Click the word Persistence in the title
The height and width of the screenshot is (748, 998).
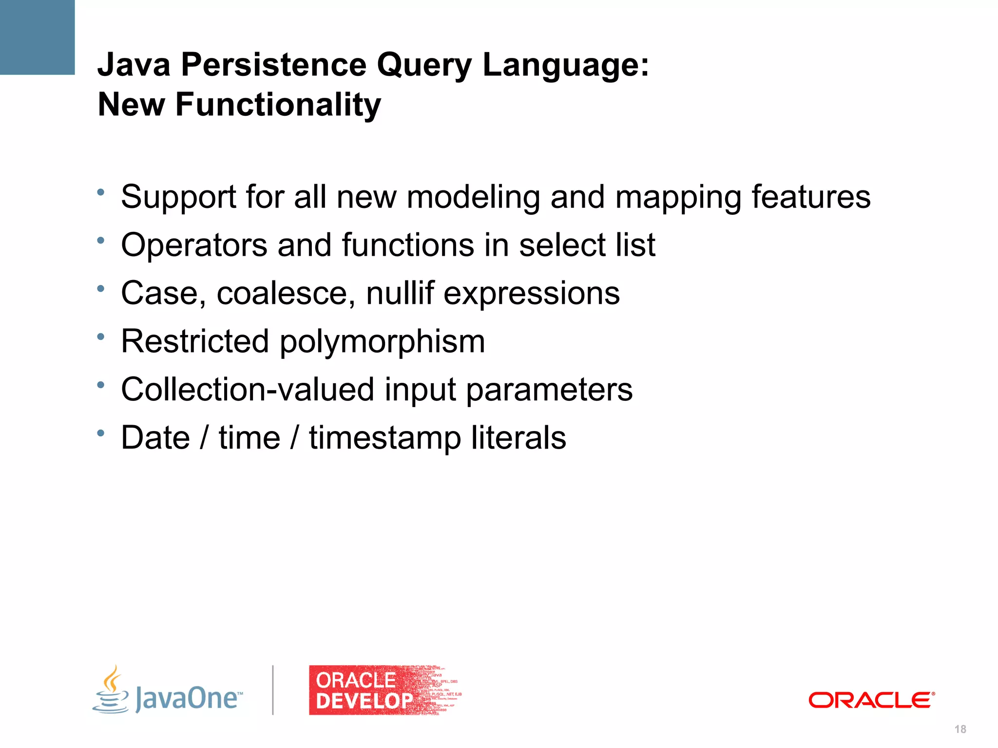(x=273, y=65)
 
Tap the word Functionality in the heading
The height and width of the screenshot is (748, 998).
(x=278, y=105)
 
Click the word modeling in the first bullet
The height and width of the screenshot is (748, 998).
(x=473, y=197)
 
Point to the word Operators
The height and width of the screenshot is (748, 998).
(x=194, y=245)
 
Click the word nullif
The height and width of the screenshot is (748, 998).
(x=400, y=293)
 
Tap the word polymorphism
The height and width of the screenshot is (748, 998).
(x=382, y=342)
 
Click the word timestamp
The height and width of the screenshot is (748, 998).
(x=385, y=438)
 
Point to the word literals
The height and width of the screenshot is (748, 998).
(x=518, y=437)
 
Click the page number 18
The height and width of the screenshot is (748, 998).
(x=960, y=729)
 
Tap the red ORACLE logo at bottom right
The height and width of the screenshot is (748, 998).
(x=871, y=700)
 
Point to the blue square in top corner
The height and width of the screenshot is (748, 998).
(x=37, y=37)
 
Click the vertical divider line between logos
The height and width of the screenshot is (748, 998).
(x=273, y=690)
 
